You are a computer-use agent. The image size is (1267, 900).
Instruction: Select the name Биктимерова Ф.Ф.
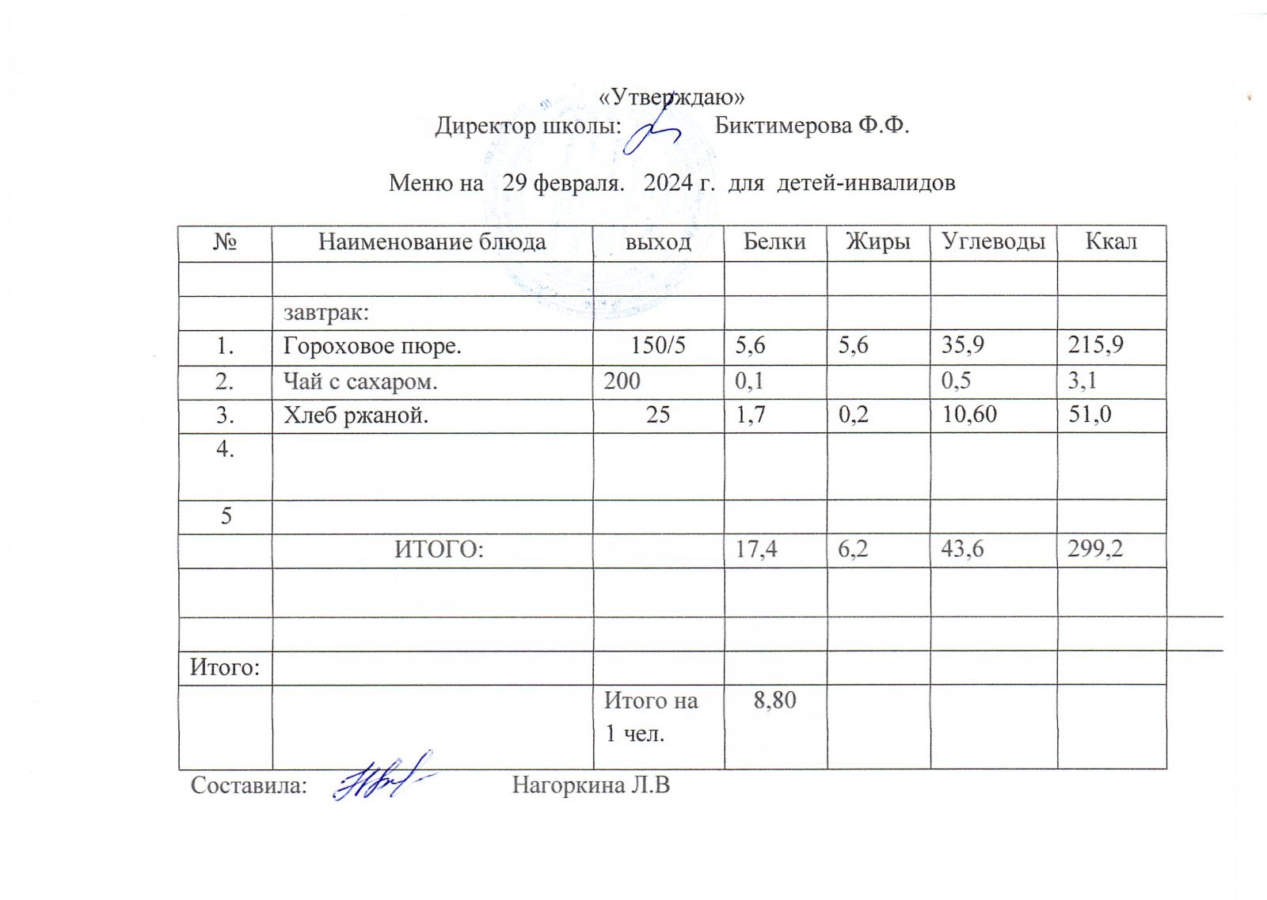tap(811, 126)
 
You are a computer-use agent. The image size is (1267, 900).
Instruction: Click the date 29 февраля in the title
tap(560, 184)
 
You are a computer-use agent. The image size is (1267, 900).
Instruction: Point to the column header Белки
tap(774, 242)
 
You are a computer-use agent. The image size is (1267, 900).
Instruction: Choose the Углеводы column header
tap(993, 242)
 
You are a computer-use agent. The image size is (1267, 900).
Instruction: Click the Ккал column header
tap(1111, 242)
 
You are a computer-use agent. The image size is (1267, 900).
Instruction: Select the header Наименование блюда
tap(432, 242)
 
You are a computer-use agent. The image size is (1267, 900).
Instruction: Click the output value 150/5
tap(658, 346)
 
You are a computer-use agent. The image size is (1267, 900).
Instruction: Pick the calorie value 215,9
tap(1095, 345)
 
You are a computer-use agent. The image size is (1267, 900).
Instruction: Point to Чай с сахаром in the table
tap(360, 382)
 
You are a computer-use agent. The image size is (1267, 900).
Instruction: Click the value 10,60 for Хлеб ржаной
tap(968, 414)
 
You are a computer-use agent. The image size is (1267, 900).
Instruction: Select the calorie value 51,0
tap(1090, 414)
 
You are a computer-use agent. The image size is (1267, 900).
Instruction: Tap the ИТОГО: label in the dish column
tap(439, 549)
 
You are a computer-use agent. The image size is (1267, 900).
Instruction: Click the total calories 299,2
tap(1095, 549)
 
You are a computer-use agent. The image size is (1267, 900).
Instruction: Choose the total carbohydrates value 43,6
tap(962, 549)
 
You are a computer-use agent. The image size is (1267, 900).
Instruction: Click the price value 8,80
tap(774, 701)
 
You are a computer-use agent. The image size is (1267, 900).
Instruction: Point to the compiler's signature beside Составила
tap(382, 778)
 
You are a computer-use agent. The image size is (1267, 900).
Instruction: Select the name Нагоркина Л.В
tap(591, 785)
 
